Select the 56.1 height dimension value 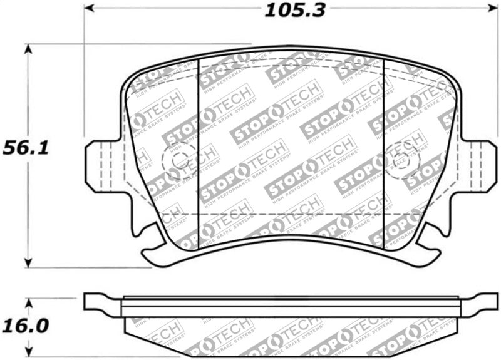[26, 148]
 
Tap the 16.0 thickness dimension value [26, 327]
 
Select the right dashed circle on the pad [401, 160]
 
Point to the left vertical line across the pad [199, 150]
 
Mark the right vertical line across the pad [383, 150]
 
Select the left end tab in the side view [100, 303]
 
